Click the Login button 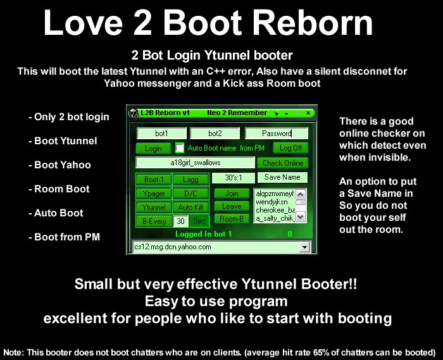[x=153, y=148]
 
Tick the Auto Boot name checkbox [x=179, y=148]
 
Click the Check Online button [x=282, y=163]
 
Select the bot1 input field [x=161, y=133]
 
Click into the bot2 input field [x=215, y=133]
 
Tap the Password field [x=277, y=133]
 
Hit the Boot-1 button [x=154, y=179]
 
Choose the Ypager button [x=154, y=194]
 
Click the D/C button [x=190, y=194]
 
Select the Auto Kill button [x=190, y=208]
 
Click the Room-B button [x=232, y=218]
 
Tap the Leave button [x=232, y=206]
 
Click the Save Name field [x=282, y=177]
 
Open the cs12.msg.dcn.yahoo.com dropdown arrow [x=304, y=247]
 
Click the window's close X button [x=308, y=113]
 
